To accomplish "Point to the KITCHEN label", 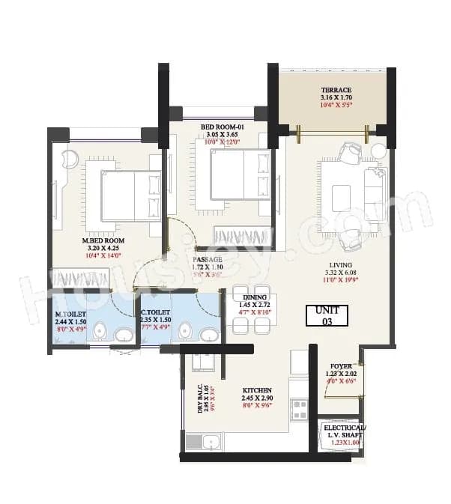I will pos(255,390).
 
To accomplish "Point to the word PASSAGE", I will pos(208,258).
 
